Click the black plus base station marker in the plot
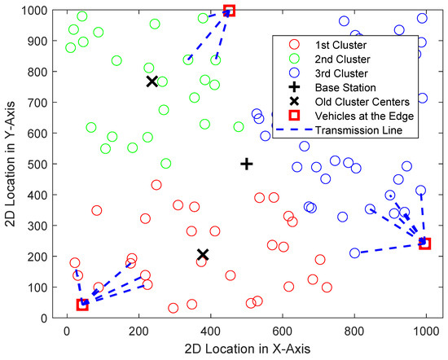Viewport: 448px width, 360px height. click(247, 164)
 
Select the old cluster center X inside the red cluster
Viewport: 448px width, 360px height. click(203, 255)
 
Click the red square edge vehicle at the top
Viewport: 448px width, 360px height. click(229, 11)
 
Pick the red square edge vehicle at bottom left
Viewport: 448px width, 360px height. click(82, 305)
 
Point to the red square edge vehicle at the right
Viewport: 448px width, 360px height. click(424, 244)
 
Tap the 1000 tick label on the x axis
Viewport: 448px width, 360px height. click(425, 331)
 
